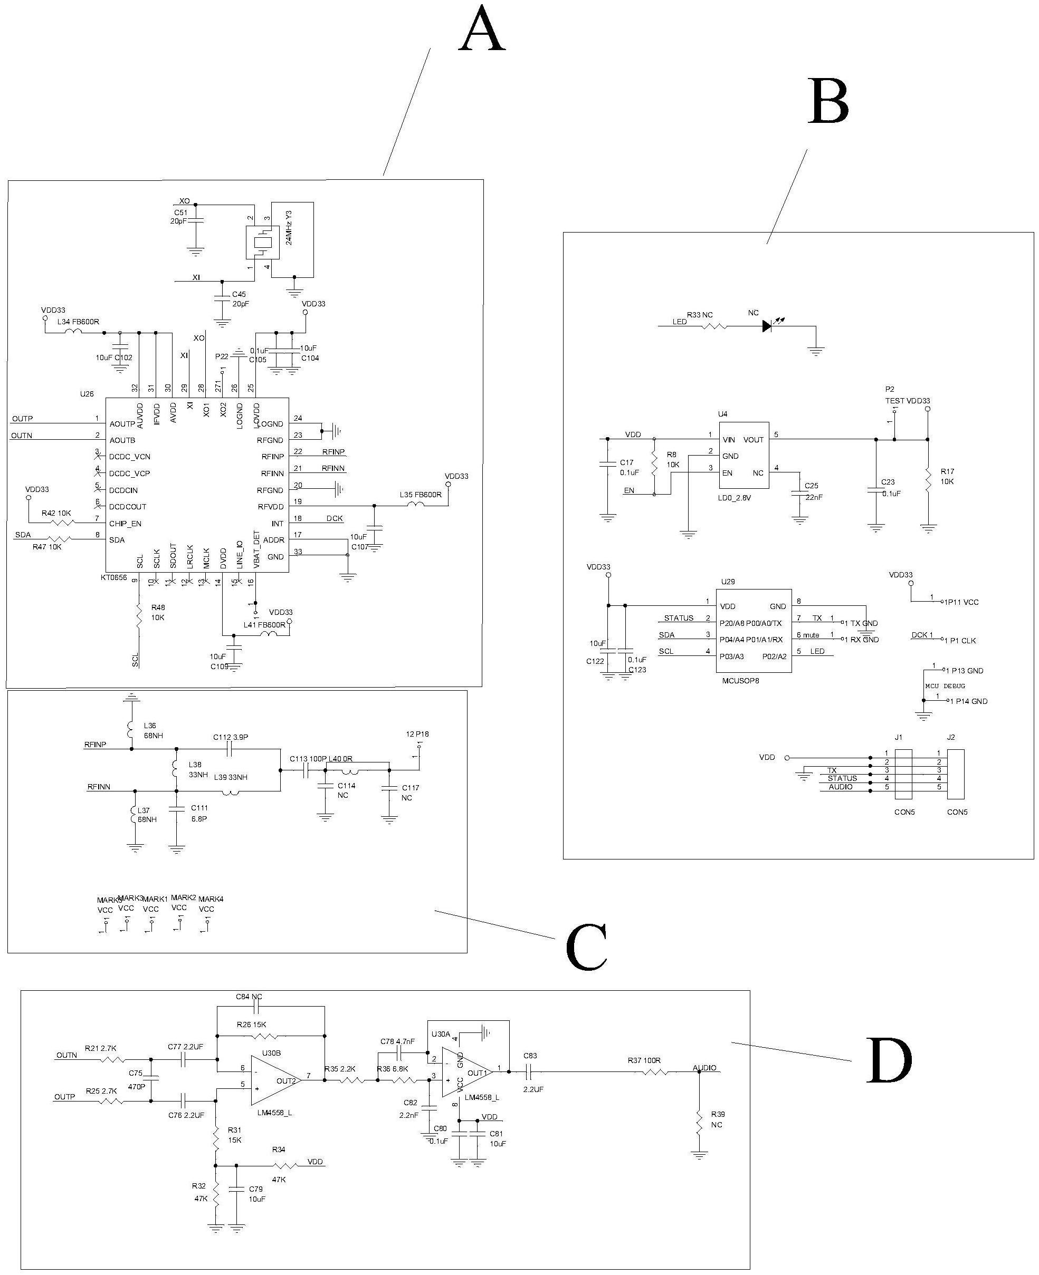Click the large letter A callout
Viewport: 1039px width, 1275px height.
point(482,30)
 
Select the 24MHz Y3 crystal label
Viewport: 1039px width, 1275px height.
point(289,227)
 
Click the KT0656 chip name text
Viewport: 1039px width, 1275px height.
point(114,578)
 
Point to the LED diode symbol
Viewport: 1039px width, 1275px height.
point(768,326)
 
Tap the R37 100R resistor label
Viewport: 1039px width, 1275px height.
point(644,1060)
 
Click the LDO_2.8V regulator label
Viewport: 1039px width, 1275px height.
point(735,497)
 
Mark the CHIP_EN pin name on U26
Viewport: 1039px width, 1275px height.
point(125,524)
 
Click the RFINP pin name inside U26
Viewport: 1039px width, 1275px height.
point(272,457)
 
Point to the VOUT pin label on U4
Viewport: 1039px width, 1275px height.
point(754,440)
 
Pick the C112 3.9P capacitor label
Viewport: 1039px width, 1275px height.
point(231,737)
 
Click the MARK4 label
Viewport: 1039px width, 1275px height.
point(211,899)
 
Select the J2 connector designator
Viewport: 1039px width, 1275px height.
point(951,737)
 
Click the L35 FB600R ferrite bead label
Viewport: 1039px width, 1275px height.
point(420,495)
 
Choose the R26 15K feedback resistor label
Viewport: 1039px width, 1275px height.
point(251,1025)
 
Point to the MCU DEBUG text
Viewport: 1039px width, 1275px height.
point(945,686)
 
